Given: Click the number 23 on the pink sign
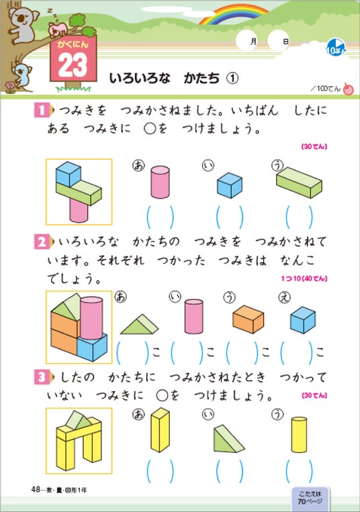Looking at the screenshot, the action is (73, 64).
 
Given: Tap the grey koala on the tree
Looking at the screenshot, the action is (22, 24).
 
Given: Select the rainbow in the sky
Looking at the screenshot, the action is (234, 14).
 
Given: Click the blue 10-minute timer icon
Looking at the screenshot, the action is (336, 48).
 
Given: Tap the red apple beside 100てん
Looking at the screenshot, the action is (349, 89).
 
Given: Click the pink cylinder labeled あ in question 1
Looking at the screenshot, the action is (160, 182).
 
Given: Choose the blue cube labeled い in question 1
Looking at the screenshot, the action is (230, 185).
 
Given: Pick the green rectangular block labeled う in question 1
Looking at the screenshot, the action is (299, 183).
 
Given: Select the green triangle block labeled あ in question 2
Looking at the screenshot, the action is (139, 324).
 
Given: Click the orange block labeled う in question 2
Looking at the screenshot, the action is (249, 319).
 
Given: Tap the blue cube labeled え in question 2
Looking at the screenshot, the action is (303, 319).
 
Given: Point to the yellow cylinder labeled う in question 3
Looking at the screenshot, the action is (299, 435).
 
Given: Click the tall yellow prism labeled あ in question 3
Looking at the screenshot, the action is (160, 429).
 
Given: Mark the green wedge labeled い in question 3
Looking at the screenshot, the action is (228, 439).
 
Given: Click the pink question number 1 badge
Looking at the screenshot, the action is (42, 110).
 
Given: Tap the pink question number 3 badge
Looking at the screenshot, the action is (42, 378).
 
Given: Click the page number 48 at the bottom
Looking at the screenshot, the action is (36, 489).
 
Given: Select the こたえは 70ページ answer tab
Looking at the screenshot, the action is (310, 497).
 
